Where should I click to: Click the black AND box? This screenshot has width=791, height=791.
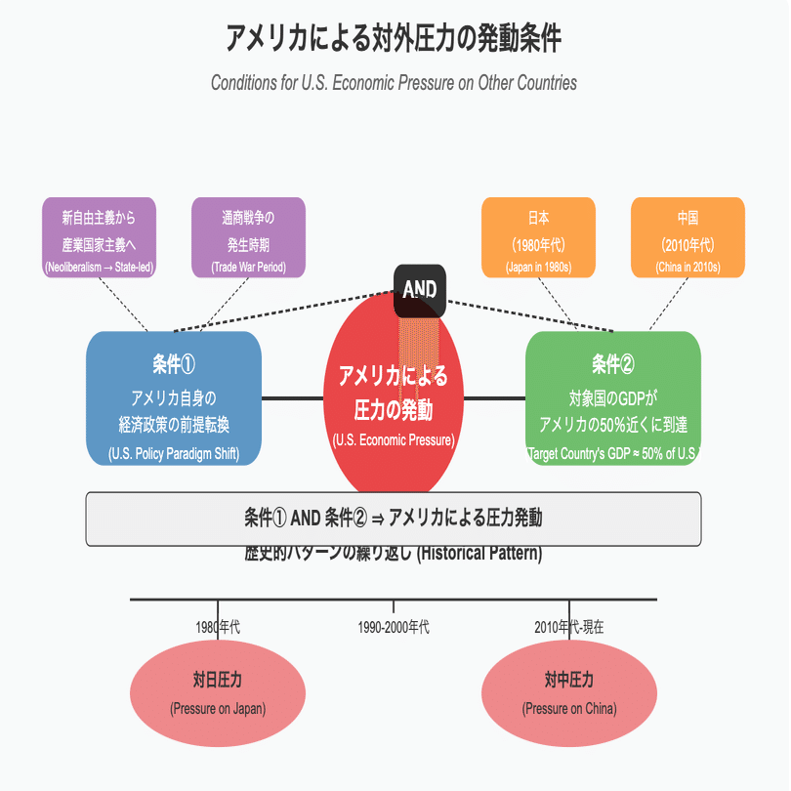click(420, 290)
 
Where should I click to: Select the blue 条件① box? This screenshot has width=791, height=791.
click(174, 398)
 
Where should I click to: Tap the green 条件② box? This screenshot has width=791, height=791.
click(613, 398)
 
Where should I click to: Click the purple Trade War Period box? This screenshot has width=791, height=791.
click(249, 238)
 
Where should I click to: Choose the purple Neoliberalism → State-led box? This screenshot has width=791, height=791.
click(100, 238)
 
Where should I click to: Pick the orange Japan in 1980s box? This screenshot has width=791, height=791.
click(539, 238)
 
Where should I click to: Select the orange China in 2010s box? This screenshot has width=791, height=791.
click(687, 238)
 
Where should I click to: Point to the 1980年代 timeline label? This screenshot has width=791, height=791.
click(218, 627)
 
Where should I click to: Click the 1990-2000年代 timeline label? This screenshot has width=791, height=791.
click(394, 627)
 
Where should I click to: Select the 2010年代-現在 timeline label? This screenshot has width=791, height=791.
click(569, 627)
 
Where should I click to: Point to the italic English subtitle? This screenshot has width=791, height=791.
click(394, 83)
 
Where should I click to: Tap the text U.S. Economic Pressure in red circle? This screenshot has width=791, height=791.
click(394, 440)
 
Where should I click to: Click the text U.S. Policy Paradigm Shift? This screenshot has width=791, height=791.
click(174, 453)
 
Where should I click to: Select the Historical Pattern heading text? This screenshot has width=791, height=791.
click(394, 555)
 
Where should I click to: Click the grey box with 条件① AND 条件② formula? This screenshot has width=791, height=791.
click(394, 519)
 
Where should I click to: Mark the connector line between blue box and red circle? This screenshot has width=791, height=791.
click(292, 398)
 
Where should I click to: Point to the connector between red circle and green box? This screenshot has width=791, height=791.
click(495, 398)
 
